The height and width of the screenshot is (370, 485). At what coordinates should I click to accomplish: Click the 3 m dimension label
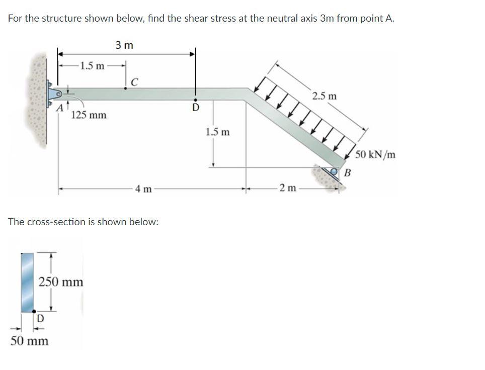pyautogui.click(x=124, y=45)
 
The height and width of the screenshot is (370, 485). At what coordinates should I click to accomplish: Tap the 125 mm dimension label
pyautogui.click(x=89, y=115)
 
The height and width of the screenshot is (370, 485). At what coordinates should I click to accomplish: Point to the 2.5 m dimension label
pyautogui.click(x=324, y=96)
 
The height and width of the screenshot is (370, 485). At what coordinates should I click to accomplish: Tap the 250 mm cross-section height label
pyautogui.click(x=61, y=282)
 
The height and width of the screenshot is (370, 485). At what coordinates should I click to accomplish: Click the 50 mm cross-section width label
pyautogui.click(x=30, y=341)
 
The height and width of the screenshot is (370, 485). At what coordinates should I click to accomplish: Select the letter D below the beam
pyautogui.click(x=196, y=108)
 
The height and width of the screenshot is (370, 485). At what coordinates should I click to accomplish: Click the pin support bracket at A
pyautogui.click(x=54, y=94)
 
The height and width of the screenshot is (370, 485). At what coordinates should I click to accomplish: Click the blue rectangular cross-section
pyautogui.click(x=27, y=282)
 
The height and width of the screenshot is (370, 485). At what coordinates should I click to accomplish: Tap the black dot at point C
pyautogui.click(x=126, y=88)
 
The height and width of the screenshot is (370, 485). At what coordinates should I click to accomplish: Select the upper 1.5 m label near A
pyautogui.click(x=93, y=66)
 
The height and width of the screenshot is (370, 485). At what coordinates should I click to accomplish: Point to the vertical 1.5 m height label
pyautogui.click(x=218, y=132)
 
